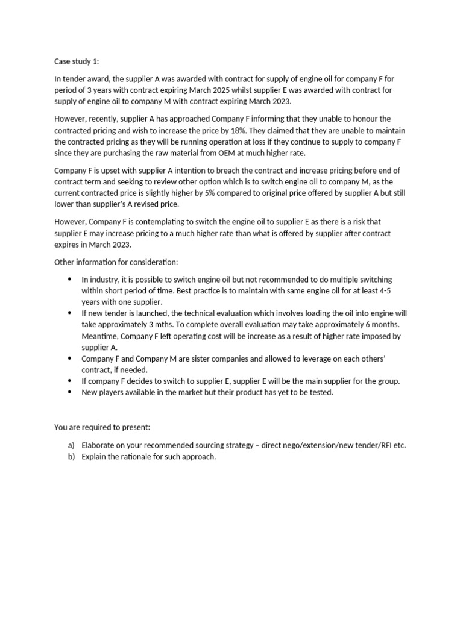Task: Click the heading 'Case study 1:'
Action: click(x=78, y=61)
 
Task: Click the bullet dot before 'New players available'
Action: click(x=69, y=392)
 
